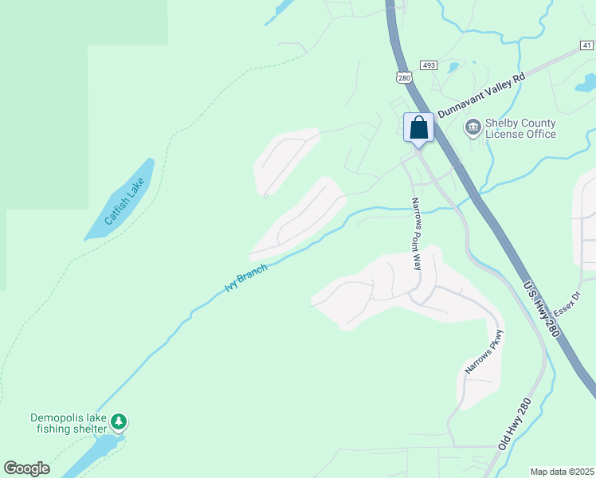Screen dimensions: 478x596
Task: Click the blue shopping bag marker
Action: tap(418, 128)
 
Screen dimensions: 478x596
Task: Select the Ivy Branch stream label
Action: tap(245, 277)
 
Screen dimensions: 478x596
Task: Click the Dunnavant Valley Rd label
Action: tap(481, 94)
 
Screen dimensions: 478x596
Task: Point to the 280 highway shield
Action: tap(403, 76)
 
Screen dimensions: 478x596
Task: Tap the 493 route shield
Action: tap(429, 65)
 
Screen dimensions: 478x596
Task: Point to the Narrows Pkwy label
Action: tap(485, 352)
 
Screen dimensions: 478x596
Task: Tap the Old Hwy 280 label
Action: tap(514, 425)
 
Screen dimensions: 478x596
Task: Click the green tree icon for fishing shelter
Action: tap(119, 420)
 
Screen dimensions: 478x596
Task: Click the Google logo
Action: tap(26, 468)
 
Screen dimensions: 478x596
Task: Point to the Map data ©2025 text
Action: tap(562, 472)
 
